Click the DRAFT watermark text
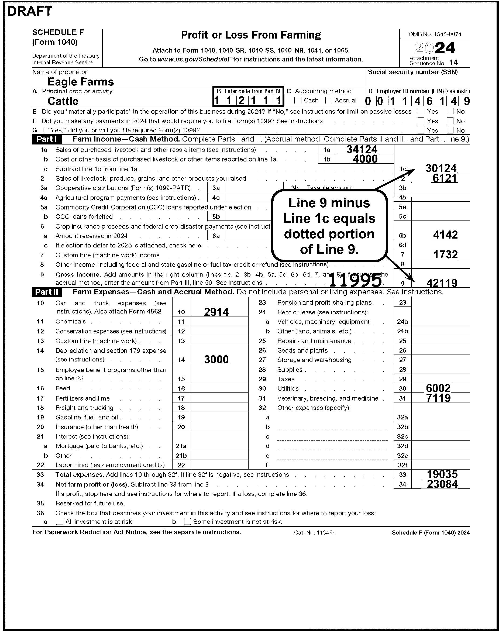pyautogui.click(x=29, y=11)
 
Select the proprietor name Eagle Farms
pyautogui.click(x=81, y=81)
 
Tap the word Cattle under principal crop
pyautogui.click(x=63, y=101)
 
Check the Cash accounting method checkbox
pyautogui.click(x=298, y=101)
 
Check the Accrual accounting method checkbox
pyautogui.click(x=329, y=101)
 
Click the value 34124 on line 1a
pyautogui.click(x=362, y=149)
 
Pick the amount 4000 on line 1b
pyautogui.click(x=365, y=159)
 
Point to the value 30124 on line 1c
pyautogui.click(x=441, y=168)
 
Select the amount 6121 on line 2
pyautogui.click(x=444, y=178)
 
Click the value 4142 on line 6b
pyautogui.click(x=446, y=235)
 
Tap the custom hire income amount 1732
pyautogui.click(x=445, y=254)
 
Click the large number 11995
pyautogui.click(x=355, y=281)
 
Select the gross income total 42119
pyautogui.click(x=442, y=283)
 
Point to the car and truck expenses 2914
pyautogui.click(x=216, y=312)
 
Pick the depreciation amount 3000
pyautogui.click(x=216, y=359)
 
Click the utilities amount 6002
pyautogui.click(x=438, y=388)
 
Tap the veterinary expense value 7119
pyautogui.click(x=438, y=398)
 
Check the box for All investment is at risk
pyautogui.click(x=60, y=522)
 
